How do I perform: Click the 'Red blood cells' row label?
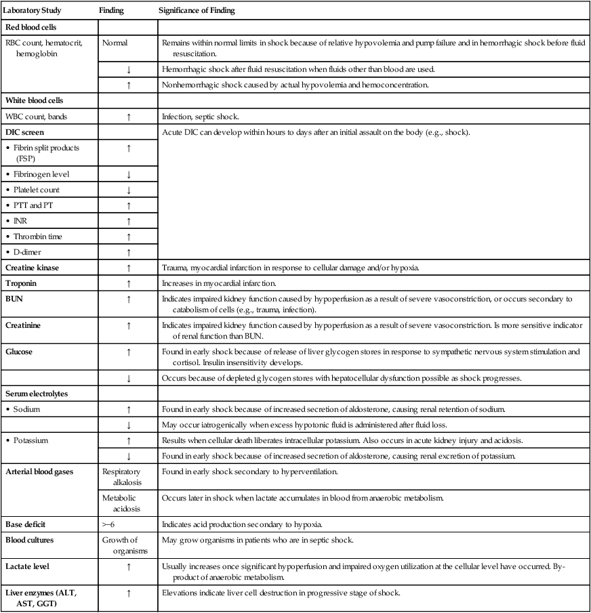click(x=31, y=27)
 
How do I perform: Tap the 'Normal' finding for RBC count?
click(x=116, y=42)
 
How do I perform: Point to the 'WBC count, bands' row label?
click(x=33, y=117)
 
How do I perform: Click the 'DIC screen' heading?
click(x=24, y=131)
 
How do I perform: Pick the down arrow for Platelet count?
click(x=128, y=190)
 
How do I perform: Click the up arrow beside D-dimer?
click(x=128, y=252)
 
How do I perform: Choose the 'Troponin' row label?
click(x=22, y=283)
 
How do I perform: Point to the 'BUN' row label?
click(x=14, y=298)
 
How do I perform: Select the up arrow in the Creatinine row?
click(x=128, y=326)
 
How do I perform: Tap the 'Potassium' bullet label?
click(x=34, y=440)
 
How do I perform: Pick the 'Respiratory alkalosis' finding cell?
click(x=124, y=475)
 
